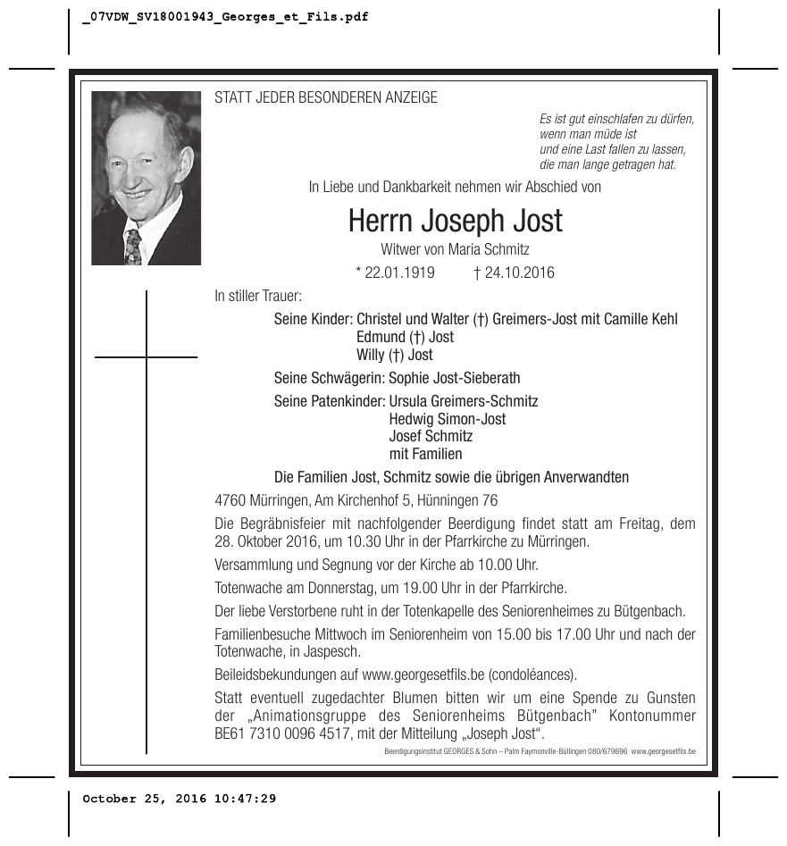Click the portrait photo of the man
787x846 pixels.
(146, 178)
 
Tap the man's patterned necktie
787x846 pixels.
(133, 247)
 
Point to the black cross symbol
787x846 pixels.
(147, 358)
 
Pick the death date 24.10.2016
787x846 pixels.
(514, 272)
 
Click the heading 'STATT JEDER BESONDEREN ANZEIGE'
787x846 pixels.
(326, 98)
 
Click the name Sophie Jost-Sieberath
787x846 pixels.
(455, 378)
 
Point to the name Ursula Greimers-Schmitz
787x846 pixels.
(464, 401)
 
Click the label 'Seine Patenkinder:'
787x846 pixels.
(330, 401)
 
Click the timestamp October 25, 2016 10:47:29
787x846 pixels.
(180, 799)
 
